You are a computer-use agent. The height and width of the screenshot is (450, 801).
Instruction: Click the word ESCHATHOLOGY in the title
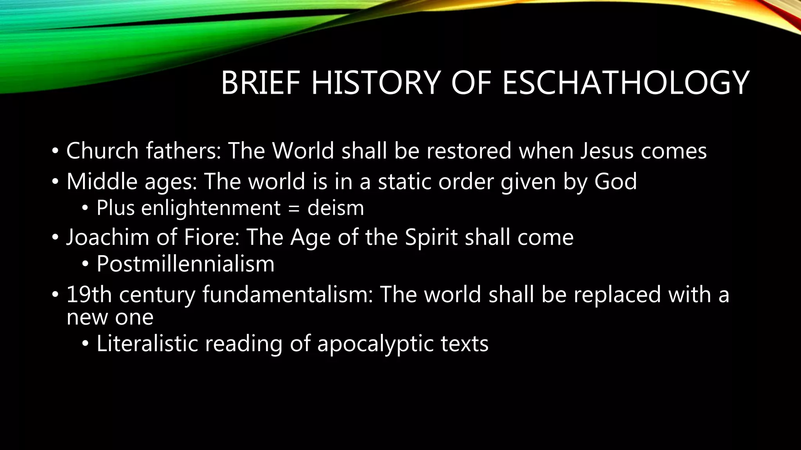coord(626,83)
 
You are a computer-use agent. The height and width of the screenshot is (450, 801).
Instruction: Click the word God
coord(616,181)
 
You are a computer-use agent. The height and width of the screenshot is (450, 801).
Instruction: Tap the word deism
coord(336,208)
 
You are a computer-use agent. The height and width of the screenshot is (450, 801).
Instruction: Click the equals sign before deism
coord(294,209)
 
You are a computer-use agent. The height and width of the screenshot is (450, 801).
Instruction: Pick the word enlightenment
coord(211,208)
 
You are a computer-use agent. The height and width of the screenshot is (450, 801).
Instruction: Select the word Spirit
coord(431,237)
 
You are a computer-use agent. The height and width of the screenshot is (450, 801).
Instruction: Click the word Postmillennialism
coord(185,264)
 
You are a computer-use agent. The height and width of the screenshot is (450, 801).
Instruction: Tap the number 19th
coord(89,294)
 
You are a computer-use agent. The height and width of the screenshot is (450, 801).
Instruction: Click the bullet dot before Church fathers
coord(55,151)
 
